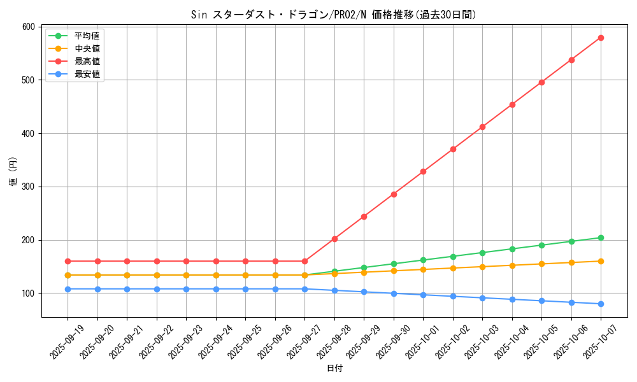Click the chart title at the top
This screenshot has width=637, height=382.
[333, 15]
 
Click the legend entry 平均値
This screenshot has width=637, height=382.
[87, 36]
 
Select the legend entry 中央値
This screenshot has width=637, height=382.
[87, 48]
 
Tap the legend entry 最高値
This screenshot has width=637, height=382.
[87, 61]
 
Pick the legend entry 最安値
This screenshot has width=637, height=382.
[87, 74]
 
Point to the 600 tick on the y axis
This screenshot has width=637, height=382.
[28, 27]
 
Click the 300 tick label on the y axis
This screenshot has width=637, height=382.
[28, 187]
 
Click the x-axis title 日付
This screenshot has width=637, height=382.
[334, 369]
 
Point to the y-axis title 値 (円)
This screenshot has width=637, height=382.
[13, 172]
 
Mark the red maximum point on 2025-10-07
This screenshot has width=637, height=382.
[601, 38]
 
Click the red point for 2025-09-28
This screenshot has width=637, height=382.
[334, 239]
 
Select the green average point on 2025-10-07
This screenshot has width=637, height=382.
[601, 238]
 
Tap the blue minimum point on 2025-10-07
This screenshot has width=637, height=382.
[601, 304]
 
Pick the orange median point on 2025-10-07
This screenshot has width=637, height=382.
[601, 261]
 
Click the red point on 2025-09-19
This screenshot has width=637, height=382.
[68, 261]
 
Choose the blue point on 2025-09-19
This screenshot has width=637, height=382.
[68, 289]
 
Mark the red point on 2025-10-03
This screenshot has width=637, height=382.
[482, 127]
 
